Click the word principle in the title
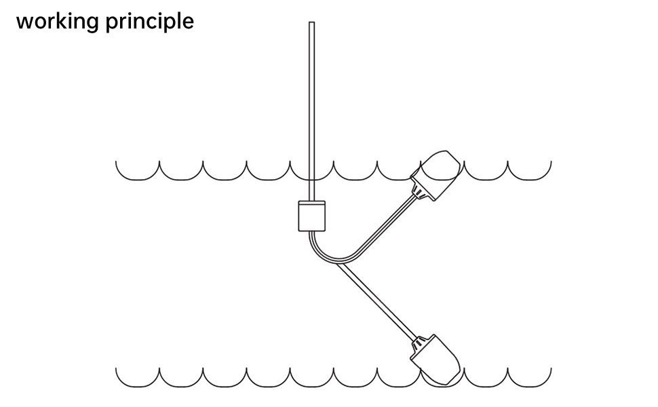(x=150, y=22)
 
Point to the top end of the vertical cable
(x=311, y=24)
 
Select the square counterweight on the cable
(x=312, y=216)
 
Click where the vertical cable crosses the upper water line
(x=311, y=172)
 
